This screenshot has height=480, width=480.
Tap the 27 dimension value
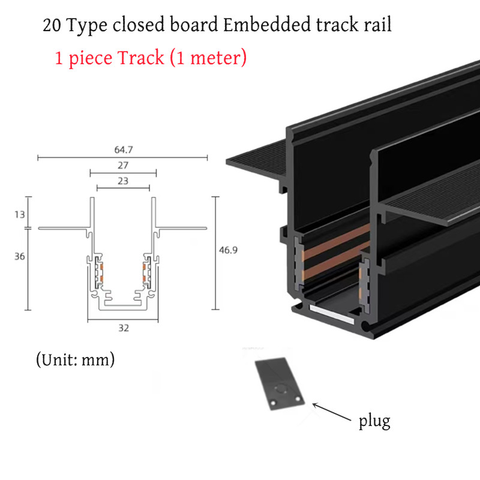pos(123,164)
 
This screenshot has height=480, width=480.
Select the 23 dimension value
pos(123,179)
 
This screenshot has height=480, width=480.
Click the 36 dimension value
pos(19,256)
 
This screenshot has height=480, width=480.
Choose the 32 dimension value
pos(123,328)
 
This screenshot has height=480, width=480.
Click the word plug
pos(374,421)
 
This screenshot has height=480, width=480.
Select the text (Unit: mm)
pos(75,360)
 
